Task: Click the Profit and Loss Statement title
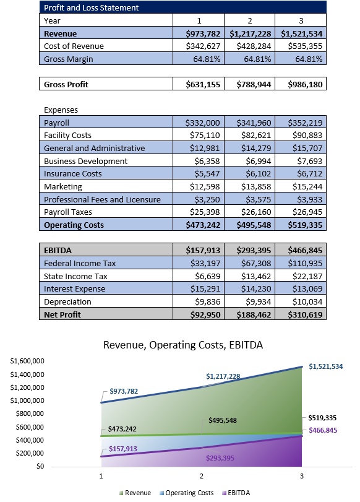click(91, 8)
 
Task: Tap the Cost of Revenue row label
click(74, 46)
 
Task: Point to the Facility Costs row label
click(67, 135)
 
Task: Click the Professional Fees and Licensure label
click(102, 199)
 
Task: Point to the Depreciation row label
click(67, 302)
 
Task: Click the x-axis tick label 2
click(202, 476)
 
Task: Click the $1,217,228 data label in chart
click(223, 376)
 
